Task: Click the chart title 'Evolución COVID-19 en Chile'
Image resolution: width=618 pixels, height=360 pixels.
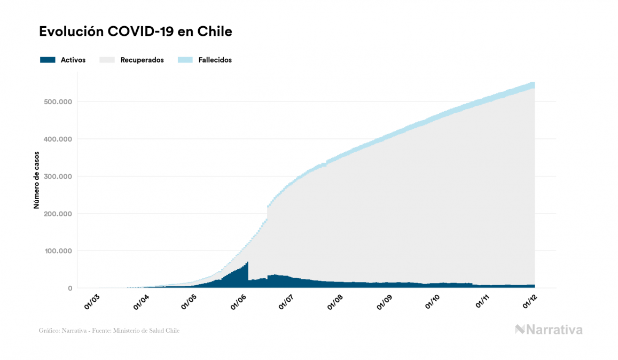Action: click(136, 32)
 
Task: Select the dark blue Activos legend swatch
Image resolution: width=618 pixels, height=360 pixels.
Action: click(48, 60)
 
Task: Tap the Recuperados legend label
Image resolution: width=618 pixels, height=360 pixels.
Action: click(142, 60)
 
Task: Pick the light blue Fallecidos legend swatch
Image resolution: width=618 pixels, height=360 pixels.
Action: click(184, 60)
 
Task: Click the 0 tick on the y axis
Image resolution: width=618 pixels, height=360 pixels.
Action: click(69, 288)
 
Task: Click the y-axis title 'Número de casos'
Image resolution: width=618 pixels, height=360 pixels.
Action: click(37, 184)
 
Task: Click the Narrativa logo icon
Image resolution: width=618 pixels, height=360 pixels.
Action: click(520, 330)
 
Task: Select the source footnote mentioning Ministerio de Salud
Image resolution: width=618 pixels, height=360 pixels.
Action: click(109, 331)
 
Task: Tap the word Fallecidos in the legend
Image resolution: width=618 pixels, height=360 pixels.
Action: click(215, 60)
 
